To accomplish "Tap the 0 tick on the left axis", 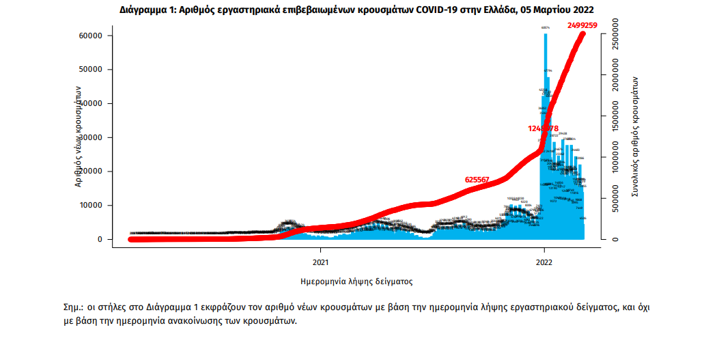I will click(100, 239).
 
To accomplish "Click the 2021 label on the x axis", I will click(322, 261).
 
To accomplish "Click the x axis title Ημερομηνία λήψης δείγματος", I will click(356, 281).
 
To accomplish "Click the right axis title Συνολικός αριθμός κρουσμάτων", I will click(636, 137).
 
